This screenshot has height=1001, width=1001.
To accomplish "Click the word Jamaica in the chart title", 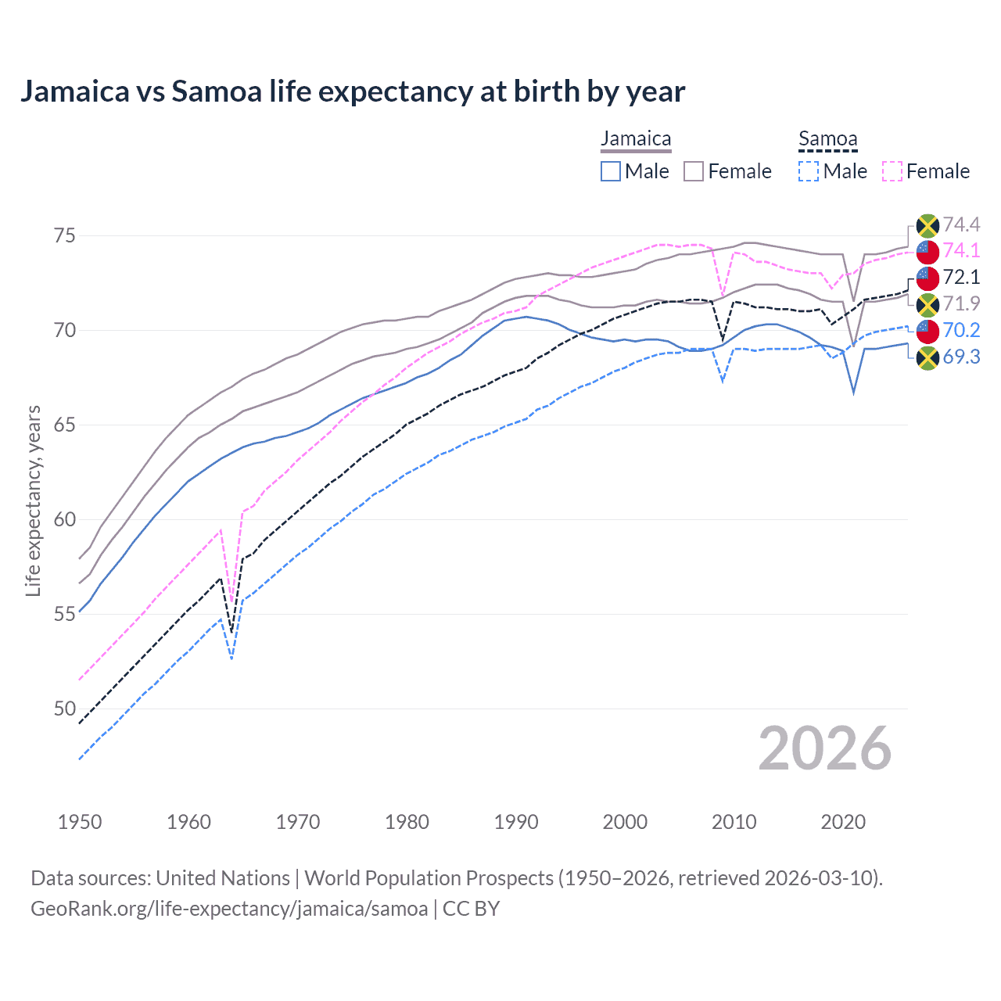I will pyautogui.click(x=74, y=91).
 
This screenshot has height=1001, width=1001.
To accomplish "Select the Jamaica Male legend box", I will pyautogui.click(x=611, y=171).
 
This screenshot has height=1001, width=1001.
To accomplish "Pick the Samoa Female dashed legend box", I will pyautogui.click(x=892, y=171).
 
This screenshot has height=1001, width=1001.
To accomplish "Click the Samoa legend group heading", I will pyautogui.click(x=827, y=139).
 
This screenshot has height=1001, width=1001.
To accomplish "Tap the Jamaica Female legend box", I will pyautogui.click(x=694, y=171).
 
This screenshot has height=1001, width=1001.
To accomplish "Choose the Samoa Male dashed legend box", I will pyautogui.click(x=809, y=171).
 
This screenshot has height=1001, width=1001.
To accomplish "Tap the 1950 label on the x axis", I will pyautogui.click(x=80, y=822).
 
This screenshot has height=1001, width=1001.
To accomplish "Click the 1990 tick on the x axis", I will pyautogui.click(x=516, y=822).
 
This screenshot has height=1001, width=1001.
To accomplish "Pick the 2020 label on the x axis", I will pyautogui.click(x=843, y=822).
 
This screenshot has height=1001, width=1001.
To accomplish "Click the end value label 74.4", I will pyautogui.click(x=961, y=225).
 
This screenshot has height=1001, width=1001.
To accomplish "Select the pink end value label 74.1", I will pyautogui.click(x=961, y=250).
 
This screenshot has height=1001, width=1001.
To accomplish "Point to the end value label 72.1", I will pyautogui.click(x=961, y=277).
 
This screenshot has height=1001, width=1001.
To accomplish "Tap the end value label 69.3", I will pyautogui.click(x=961, y=357).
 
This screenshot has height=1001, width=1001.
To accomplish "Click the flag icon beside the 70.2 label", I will pyautogui.click(x=927, y=331).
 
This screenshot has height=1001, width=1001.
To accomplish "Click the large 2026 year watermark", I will pyautogui.click(x=825, y=748).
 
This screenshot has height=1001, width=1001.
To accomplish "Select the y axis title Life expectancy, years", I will pyautogui.click(x=33, y=500).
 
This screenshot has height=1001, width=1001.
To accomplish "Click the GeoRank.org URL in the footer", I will pyautogui.click(x=229, y=909).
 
